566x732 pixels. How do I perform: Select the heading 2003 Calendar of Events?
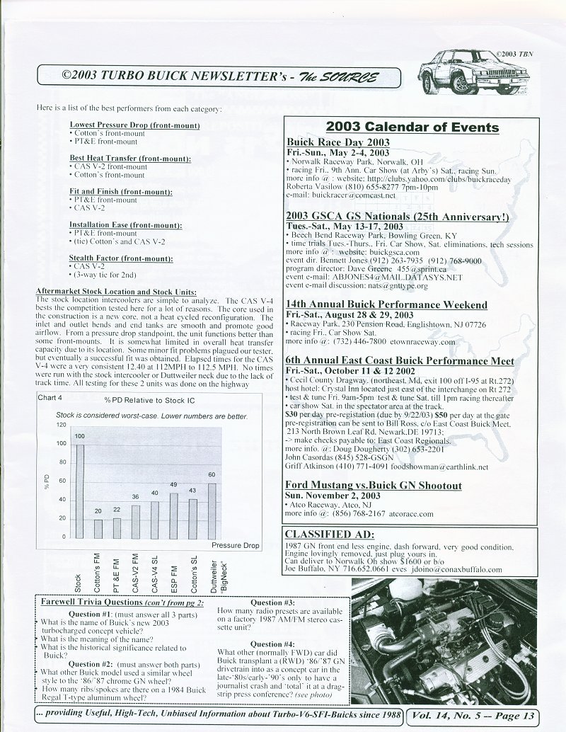pos(412,127)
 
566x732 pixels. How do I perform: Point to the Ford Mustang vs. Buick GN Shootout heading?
pos(374,486)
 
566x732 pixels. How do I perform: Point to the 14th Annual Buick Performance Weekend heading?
pos(386,304)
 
